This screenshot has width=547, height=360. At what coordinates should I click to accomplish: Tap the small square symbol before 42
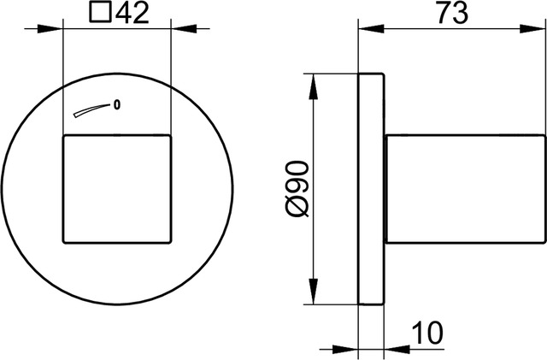101,14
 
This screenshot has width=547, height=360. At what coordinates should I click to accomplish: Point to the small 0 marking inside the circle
116,105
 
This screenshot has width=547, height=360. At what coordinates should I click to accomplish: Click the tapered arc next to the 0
90,111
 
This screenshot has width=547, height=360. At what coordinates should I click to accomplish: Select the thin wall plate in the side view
372,188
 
